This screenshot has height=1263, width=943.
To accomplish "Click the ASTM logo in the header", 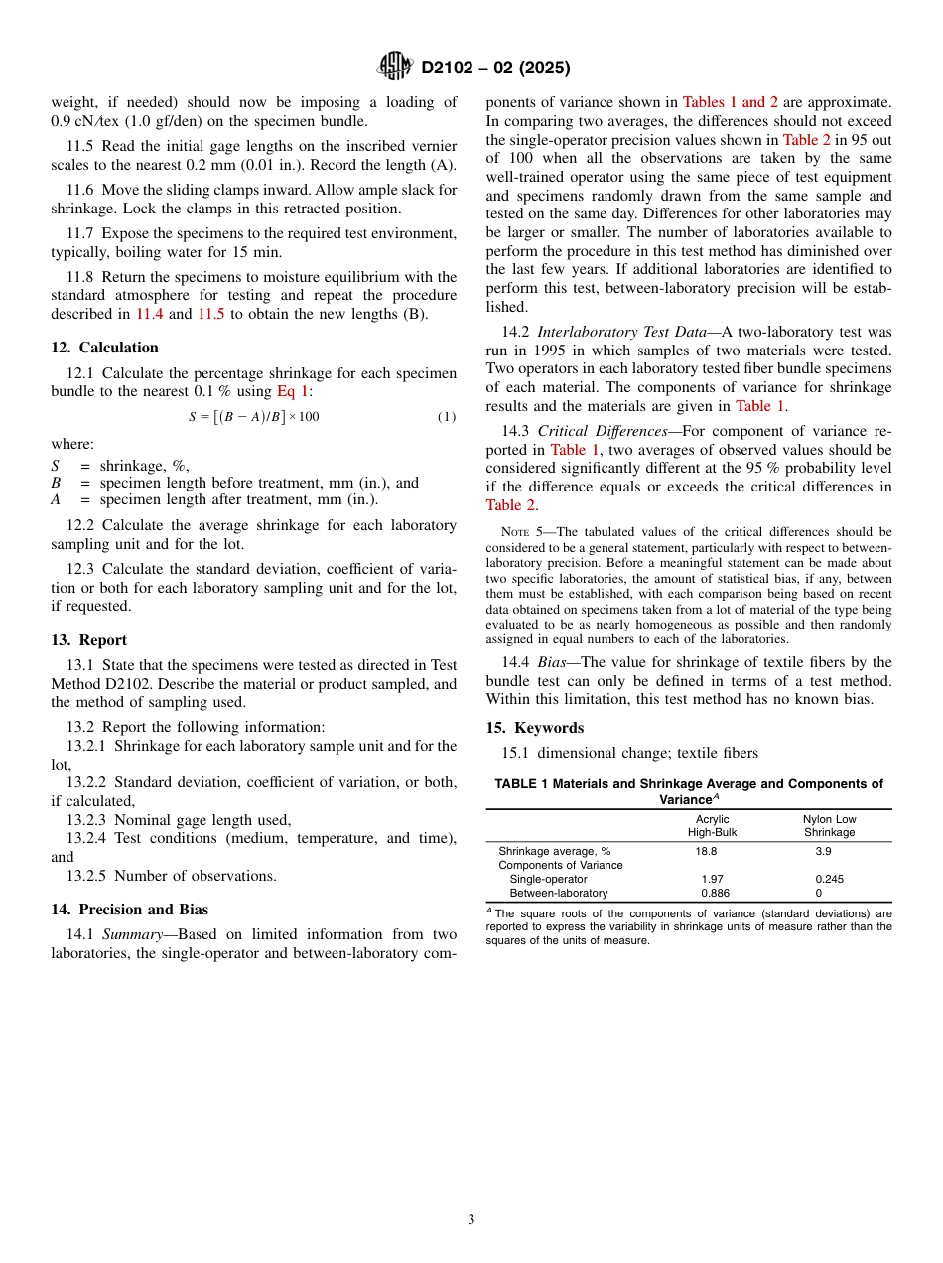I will point(396,68).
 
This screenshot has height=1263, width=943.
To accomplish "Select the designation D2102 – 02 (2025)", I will point(495,69).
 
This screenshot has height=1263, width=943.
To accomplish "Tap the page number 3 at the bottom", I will point(471,1219).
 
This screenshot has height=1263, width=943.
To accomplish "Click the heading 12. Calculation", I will point(104,348).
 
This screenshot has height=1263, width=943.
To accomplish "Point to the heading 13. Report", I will point(88,640).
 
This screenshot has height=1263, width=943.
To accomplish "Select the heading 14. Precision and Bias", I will point(129,909).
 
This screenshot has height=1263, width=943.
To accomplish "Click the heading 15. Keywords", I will point(534,728).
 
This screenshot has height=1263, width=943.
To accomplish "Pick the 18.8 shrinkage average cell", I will point(706,851).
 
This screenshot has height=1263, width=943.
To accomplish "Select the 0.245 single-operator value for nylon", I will point(829,879).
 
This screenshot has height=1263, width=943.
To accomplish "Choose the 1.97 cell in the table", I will point(712,879).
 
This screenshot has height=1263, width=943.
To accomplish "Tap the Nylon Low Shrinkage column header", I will point(829,826).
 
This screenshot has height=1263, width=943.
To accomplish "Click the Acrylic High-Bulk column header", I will point(713,826).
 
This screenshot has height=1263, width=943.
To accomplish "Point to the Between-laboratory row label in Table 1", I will point(558,893).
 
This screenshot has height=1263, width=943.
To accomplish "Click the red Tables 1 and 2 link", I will point(724,102).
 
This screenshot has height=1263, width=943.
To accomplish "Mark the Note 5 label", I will point(520,532).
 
